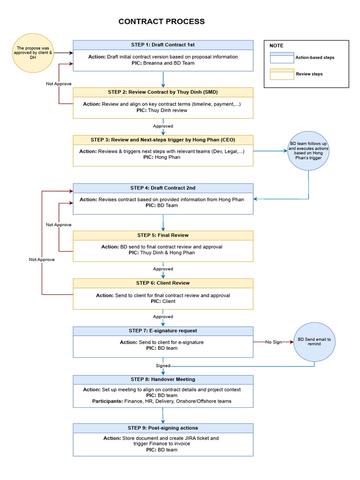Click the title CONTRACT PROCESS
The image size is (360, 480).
tap(161, 22)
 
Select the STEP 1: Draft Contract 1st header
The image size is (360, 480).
tap(163, 45)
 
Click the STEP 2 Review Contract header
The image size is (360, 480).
tap(163, 92)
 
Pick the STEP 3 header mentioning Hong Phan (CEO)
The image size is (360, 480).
tap(163, 140)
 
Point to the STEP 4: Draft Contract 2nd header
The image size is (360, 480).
tap(163, 188)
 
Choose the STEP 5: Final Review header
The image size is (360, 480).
tap(163, 235)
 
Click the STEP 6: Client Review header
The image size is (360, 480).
tap(163, 283)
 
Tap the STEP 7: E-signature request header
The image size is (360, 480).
tap(163, 331)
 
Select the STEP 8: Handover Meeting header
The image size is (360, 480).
tap(163, 379)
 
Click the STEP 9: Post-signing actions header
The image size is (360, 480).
tap(163, 428)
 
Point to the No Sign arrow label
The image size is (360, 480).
tap(274, 342)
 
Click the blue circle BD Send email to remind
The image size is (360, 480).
tap(314, 342)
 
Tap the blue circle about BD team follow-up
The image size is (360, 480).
tap(308, 151)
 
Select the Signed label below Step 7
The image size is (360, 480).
tap(163, 366)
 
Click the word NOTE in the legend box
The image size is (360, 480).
tap(277, 45)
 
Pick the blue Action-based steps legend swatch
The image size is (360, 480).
tap(282, 58)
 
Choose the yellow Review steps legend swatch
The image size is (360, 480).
tap(282, 74)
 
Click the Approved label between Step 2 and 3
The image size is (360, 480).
tap(163, 126)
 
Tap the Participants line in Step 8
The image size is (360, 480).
tap(162, 401)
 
